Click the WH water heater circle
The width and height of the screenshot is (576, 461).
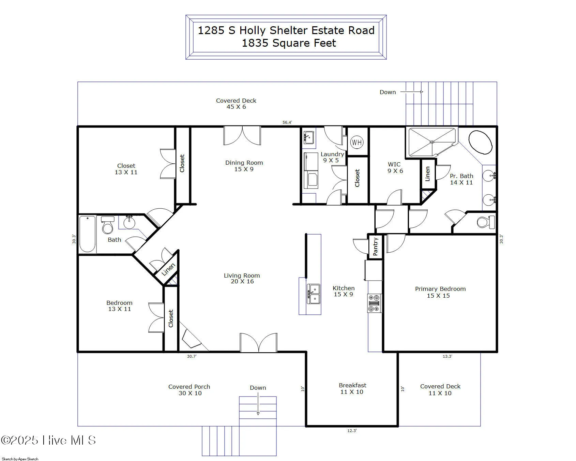pos(357,142)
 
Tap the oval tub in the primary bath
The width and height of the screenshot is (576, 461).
pos(480,142)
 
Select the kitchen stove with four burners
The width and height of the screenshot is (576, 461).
pos(374,303)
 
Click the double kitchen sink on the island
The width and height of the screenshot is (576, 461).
pos(314,294)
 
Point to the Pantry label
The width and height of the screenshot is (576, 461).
pos(375,247)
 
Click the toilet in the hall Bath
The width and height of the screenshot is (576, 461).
pos(108,225)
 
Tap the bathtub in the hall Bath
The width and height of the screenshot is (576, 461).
pos(87,234)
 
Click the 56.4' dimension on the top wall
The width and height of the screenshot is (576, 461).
pos(287,122)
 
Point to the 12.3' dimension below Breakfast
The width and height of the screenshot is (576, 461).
pos(352,431)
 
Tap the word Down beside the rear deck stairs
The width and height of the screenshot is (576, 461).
pos(388,92)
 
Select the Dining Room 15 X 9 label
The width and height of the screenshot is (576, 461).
pos(244,166)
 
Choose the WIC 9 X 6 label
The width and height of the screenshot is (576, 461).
pos(395,167)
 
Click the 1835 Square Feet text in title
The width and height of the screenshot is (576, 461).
pos(289,43)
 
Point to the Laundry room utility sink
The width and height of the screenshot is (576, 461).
pos(309,137)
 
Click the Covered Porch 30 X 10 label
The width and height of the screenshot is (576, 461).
pos(190,390)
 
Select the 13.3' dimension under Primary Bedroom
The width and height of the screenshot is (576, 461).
pos(447,356)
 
